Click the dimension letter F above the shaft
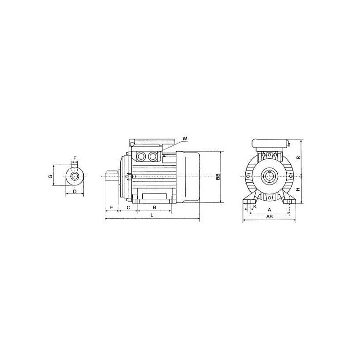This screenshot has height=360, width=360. click(75, 158)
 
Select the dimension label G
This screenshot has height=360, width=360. click(51, 176)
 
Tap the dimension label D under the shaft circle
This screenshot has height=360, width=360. click(74, 191)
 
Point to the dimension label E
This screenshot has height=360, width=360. click(112, 207)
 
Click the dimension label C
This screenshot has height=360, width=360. click(129, 207)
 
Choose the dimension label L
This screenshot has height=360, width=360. click(152, 215)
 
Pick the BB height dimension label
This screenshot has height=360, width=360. click(218, 176)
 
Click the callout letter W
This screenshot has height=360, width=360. click(185, 139)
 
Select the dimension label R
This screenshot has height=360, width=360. click(298, 158)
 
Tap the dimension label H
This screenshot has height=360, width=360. click(298, 189)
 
